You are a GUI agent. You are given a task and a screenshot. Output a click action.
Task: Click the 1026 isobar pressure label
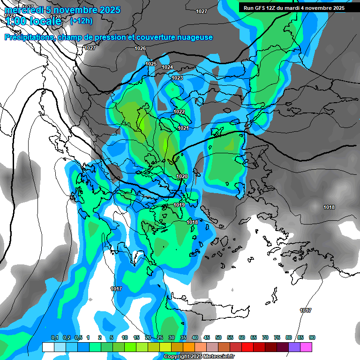(140, 48)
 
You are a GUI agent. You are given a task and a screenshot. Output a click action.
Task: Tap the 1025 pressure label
(151, 64)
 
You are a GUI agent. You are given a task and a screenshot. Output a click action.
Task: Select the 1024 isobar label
(167, 67)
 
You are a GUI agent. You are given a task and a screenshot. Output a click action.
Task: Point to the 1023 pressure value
(177, 78)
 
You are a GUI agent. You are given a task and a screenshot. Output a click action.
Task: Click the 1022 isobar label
(179, 112)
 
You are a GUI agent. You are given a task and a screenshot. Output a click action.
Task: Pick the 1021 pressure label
(183, 128)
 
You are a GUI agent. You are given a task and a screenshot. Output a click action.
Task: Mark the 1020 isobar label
(182, 176)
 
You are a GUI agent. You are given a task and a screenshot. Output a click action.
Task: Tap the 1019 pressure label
(179, 205)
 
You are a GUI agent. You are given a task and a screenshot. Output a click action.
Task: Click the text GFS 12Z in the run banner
(262, 8)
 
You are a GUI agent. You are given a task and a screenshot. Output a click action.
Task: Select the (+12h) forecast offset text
(81, 21)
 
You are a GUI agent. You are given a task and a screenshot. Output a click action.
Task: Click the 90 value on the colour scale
(312, 337)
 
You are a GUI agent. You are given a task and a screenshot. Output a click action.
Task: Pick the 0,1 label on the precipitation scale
(54, 337)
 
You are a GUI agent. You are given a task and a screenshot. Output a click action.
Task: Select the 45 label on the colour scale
(207, 337)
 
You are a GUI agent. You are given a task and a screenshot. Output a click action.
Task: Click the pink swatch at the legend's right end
(306, 347)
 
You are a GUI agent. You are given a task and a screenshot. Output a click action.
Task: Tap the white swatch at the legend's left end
(48, 347)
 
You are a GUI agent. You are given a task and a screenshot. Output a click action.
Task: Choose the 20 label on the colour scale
(148, 337)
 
